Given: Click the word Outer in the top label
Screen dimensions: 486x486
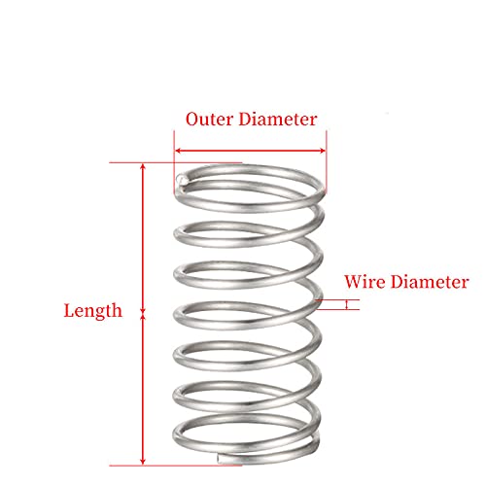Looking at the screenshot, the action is pyautogui.click(x=209, y=120).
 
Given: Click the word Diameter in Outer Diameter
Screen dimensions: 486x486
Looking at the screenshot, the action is pyautogui.click(x=278, y=119).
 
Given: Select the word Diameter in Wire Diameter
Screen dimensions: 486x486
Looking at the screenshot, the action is pyautogui.click(x=430, y=282).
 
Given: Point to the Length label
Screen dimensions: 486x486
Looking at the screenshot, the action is pyautogui.click(x=93, y=311).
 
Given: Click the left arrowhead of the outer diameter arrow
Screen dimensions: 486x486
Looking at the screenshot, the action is pyautogui.click(x=178, y=151).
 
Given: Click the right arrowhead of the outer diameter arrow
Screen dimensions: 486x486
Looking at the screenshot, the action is pyautogui.click(x=323, y=151).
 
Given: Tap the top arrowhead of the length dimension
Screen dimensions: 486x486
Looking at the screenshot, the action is pyautogui.click(x=143, y=166).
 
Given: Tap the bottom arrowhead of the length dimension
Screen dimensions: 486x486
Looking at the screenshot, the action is pyautogui.click(x=143, y=462).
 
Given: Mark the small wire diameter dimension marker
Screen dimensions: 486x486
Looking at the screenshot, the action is pyautogui.click(x=347, y=304).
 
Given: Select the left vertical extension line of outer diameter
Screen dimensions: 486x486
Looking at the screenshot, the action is pyautogui.click(x=174, y=162).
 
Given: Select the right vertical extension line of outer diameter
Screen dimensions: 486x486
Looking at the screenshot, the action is pyautogui.click(x=327, y=162).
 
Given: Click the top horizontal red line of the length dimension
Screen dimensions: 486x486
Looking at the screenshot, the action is pyautogui.click(x=176, y=162).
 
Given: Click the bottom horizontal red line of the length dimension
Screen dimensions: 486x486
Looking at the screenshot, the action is pyautogui.click(x=176, y=466).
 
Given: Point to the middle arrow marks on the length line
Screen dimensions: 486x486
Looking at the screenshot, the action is pyautogui.click(x=143, y=314).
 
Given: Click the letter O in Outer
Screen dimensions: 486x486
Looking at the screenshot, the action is pyautogui.click(x=192, y=120).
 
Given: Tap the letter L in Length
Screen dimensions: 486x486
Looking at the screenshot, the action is pyautogui.click(x=69, y=310).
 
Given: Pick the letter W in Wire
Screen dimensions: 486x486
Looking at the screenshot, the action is pyautogui.click(x=354, y=282).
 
